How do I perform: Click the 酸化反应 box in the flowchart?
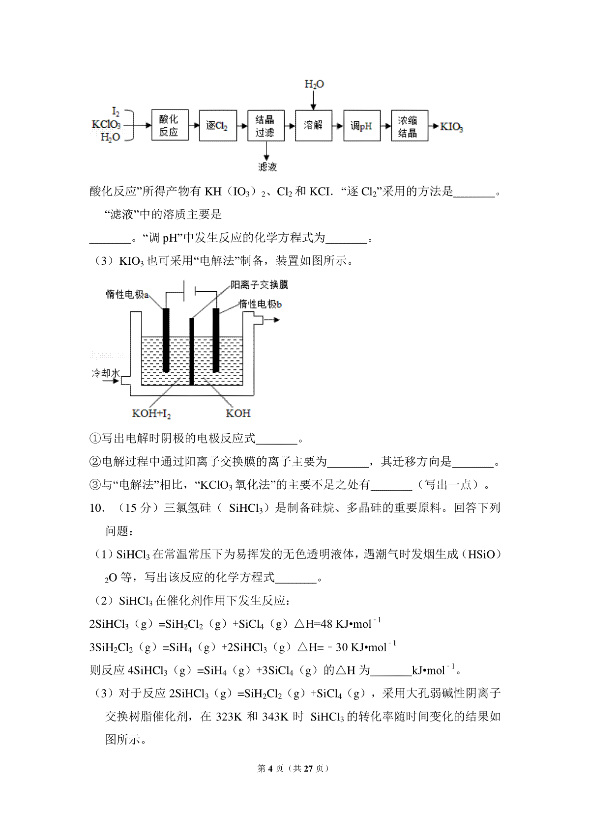pos(170,125)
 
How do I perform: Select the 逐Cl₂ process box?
pos(218,126)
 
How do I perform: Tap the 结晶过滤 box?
pos(266,126)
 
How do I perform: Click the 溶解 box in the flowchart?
pos(314,125)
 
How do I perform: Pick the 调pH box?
pos(361,126)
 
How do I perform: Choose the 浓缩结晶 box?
pos(409,126)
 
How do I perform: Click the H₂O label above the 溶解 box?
pos(314,84)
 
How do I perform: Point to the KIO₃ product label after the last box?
pos(451,127)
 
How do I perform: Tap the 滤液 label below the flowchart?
pos(267,167)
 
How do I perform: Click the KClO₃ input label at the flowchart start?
pos(106,125)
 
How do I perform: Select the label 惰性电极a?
pos(127,294)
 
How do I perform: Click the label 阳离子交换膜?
pos(259,284)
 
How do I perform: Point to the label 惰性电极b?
pos(260,304)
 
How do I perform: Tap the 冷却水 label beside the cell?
pos(105,373)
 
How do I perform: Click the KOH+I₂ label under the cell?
pos(151,414)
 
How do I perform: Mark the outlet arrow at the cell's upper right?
pos(272,320)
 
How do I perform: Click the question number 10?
pos(96,508)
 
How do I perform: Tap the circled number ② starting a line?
pos(95,462)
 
